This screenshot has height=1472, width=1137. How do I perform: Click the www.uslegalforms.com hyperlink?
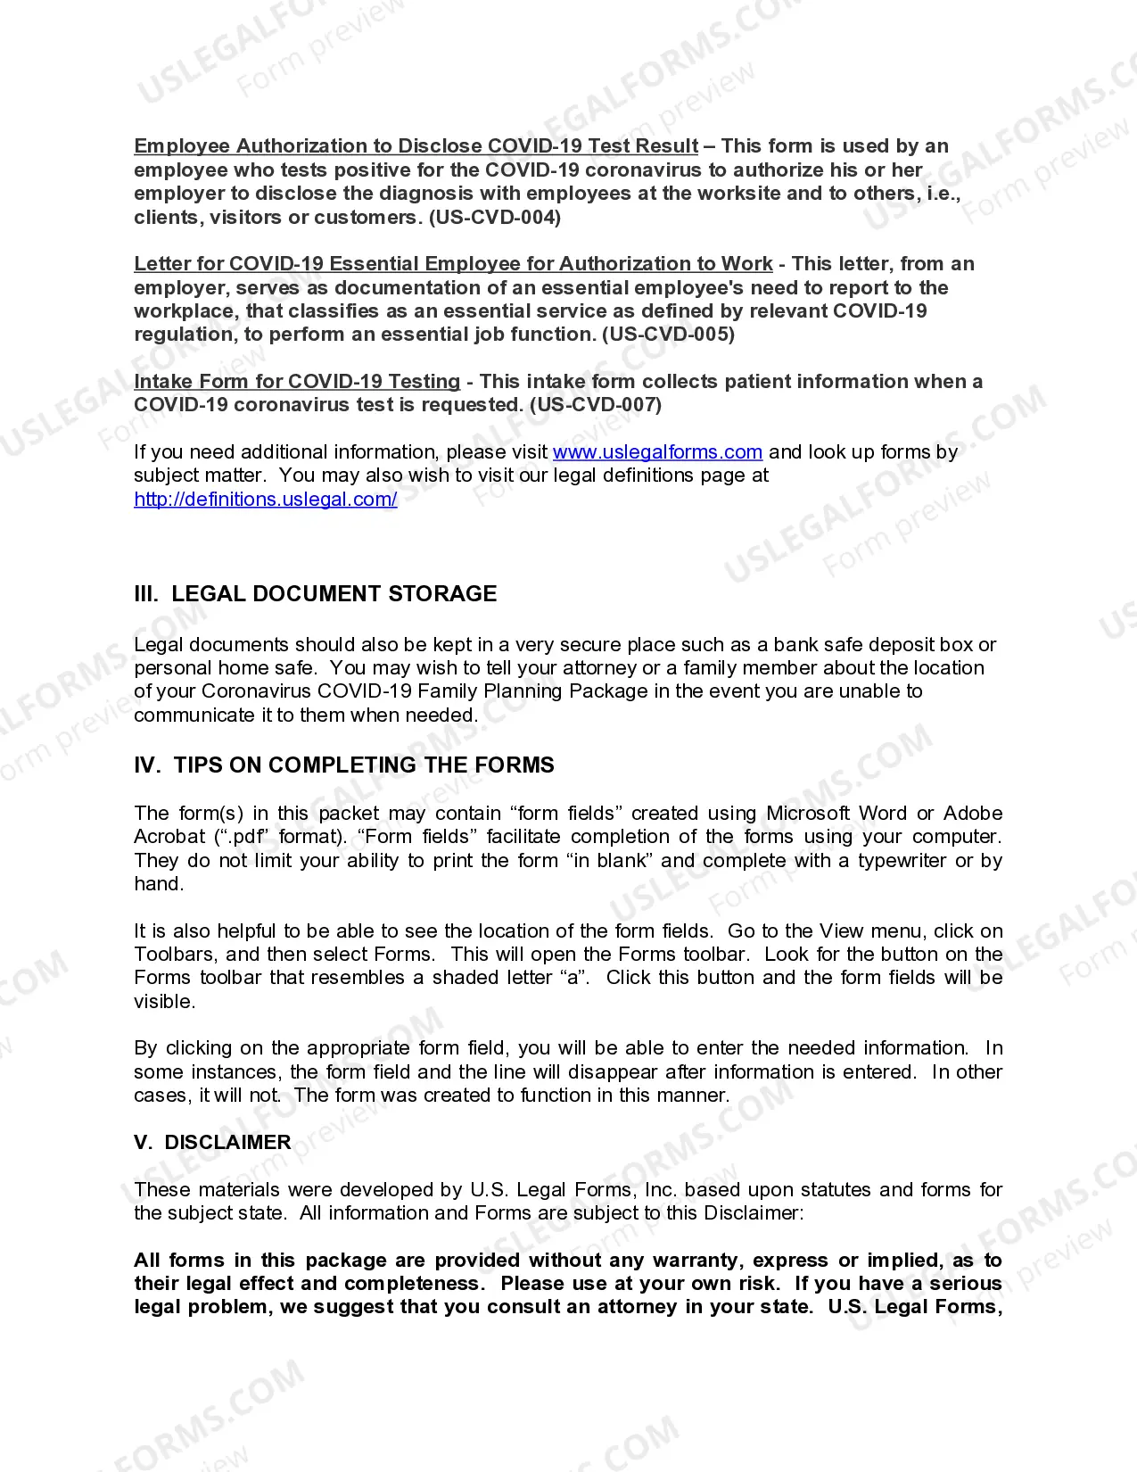(x=657, y=452)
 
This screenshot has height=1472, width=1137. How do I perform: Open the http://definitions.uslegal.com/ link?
(x=265, y=500)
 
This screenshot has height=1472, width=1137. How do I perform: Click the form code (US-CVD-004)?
(x=495, y=218)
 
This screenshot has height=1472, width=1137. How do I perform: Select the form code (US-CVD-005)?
(x=668, y=335)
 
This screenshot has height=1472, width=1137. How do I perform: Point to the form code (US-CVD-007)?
(x=596, y=405)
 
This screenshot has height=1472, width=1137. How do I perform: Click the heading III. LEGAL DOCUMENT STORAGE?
(x=315, y=594)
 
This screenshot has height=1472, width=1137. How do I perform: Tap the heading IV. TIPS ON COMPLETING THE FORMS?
(x=343, y=765)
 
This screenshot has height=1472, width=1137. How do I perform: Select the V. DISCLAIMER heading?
(x=212, y=1143)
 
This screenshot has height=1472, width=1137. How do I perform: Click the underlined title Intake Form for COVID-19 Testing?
(x=297, y=382)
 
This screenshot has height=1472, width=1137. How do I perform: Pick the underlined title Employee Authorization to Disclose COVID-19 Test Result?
(x=416, y=146)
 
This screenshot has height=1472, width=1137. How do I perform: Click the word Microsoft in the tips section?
(x=807, y=814)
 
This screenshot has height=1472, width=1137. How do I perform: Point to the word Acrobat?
(x=169, y=837)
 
